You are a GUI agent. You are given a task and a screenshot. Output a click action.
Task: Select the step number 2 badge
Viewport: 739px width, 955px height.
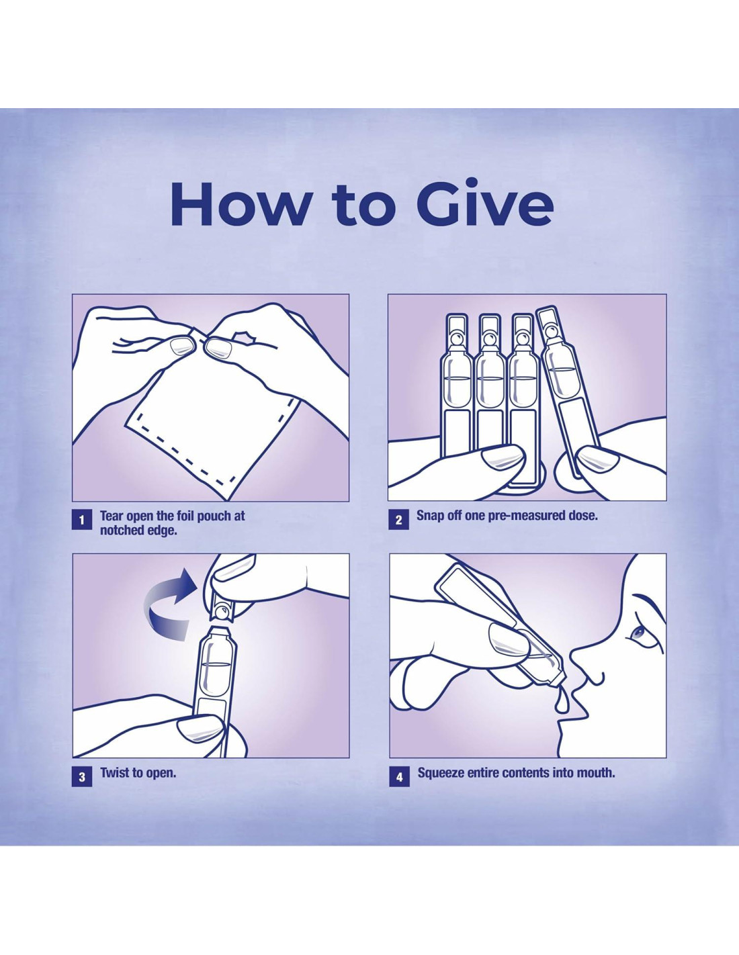tap(398, 520)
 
